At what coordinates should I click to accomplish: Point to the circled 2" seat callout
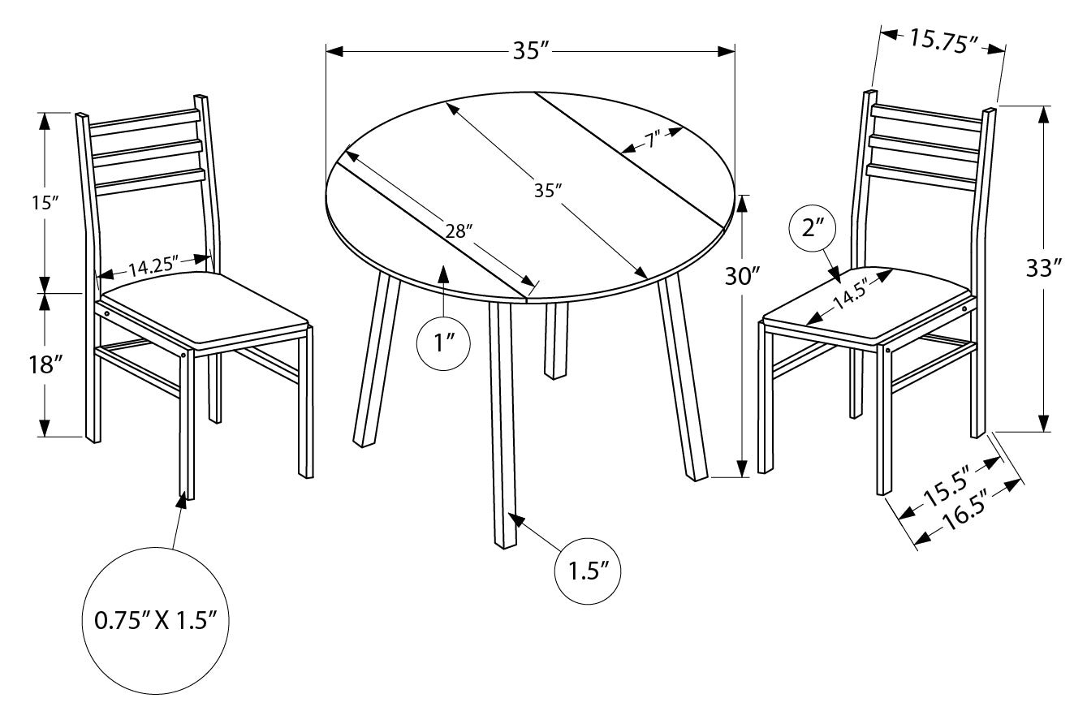pyautogui.click(x=813, y=228)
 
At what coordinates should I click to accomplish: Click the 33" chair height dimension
pyautogui.click(x=1044, y=268)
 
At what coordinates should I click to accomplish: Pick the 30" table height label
pyautogui.click(x=742, y=278)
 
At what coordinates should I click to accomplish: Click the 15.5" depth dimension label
pyautogui.click(x=947, y=491)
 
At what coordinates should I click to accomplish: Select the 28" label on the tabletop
pyautogui.click(x=459, y=231)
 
